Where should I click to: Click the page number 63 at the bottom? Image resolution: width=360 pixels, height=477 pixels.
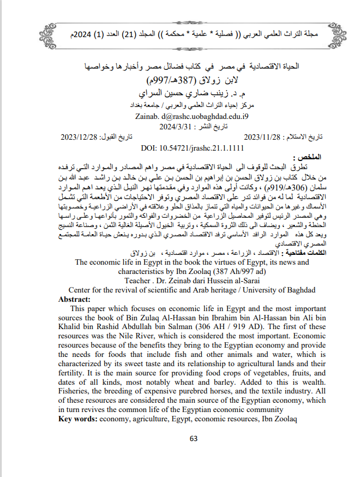pos(193,439)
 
